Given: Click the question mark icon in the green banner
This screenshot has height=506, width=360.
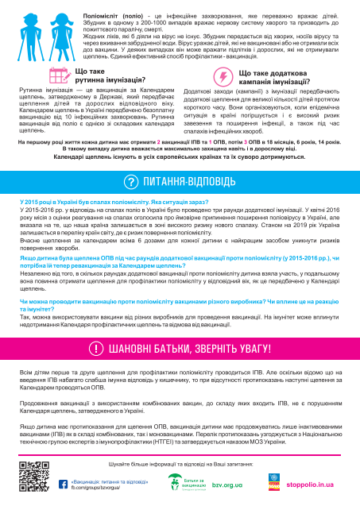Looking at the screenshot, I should [130, 182].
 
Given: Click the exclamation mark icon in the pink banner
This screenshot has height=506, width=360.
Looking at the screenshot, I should [95, 391].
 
